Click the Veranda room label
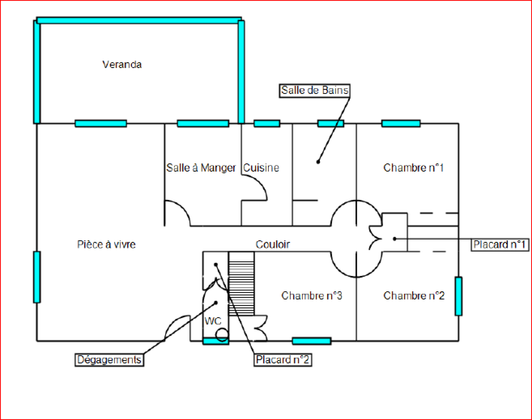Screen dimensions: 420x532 click(122, 65)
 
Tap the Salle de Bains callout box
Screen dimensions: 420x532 click(315, 90)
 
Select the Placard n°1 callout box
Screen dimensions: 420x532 click(499, 245)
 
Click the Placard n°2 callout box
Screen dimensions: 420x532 click(283, 360)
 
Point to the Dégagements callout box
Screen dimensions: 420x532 click(109, 360)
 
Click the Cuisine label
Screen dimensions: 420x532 click(261, 168)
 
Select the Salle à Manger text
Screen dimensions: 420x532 click(201, 168)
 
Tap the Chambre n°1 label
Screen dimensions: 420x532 click(413, 168)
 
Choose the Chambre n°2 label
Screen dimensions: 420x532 click(414, 296)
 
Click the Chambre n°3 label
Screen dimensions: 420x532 click(312, 296)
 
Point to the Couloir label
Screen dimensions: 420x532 click(273, 245)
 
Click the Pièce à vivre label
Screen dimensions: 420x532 click(106, 245)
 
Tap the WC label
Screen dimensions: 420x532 click(213, 321)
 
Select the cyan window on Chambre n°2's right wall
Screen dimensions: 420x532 click(459, 296)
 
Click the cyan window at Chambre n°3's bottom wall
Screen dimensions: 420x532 click(312, 341)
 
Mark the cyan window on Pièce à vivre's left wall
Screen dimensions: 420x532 click(37, 277)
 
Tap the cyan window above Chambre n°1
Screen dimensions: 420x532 click(401, 124)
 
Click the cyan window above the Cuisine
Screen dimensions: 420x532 click(267, 124)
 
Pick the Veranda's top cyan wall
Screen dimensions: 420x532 click(139, 21)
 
